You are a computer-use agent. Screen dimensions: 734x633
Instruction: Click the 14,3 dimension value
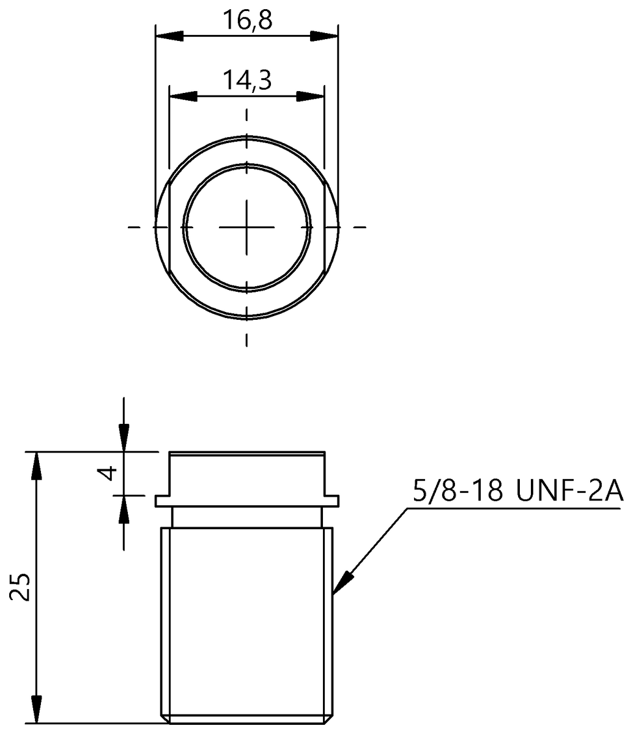coord(246,80)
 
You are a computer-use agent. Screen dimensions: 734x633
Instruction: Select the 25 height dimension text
coord(21,588)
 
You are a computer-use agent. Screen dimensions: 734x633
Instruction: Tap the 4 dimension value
coord(108,473)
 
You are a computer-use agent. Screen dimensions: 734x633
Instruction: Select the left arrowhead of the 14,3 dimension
coord(183,97)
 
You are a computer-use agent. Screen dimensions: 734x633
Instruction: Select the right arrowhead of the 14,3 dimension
coord(310,97)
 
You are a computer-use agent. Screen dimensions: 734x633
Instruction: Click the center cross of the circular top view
coord(246,227)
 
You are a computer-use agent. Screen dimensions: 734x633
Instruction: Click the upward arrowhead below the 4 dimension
coord(124,508)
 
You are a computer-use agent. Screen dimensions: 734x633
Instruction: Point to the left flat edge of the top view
coord(169,227)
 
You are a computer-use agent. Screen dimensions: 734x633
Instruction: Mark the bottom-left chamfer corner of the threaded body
coord(163,719)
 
